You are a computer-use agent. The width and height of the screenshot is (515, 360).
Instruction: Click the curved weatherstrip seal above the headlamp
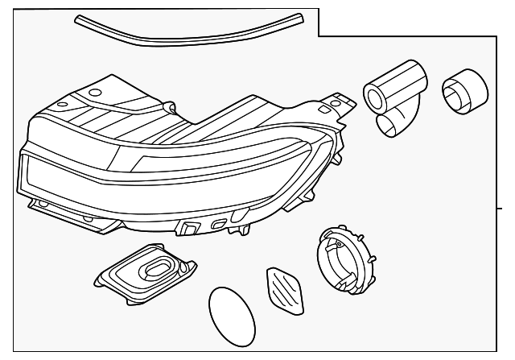point(189,31)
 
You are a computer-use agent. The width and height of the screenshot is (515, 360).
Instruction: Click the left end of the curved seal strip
point(78,18)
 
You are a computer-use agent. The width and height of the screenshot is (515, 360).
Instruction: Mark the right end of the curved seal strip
point(300,16)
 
